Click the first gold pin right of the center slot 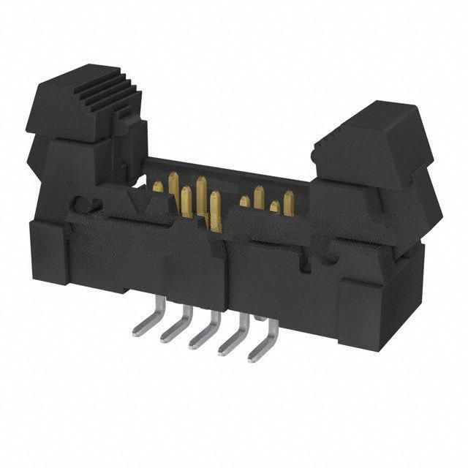244,202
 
